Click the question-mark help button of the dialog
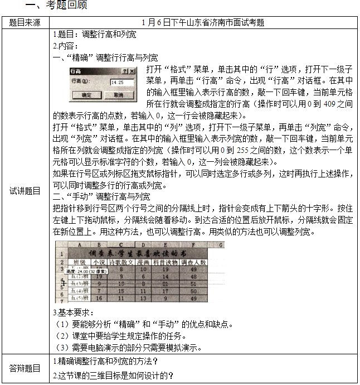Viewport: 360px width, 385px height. [125, 71]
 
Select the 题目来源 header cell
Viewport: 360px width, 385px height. [25, 23]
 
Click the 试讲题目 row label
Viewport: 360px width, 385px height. [25, 191]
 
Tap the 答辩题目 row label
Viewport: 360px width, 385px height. [25, 368]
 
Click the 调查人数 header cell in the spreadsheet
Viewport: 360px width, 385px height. [195, 261]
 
